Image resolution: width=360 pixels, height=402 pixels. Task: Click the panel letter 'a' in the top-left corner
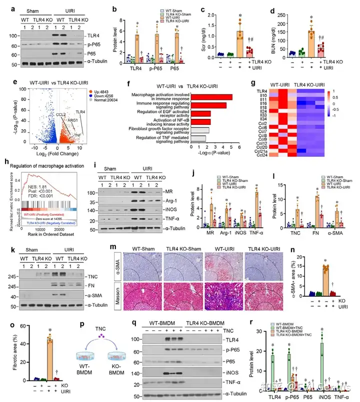click(6, 7)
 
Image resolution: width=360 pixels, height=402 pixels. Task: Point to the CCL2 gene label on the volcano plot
click(61, 115)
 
